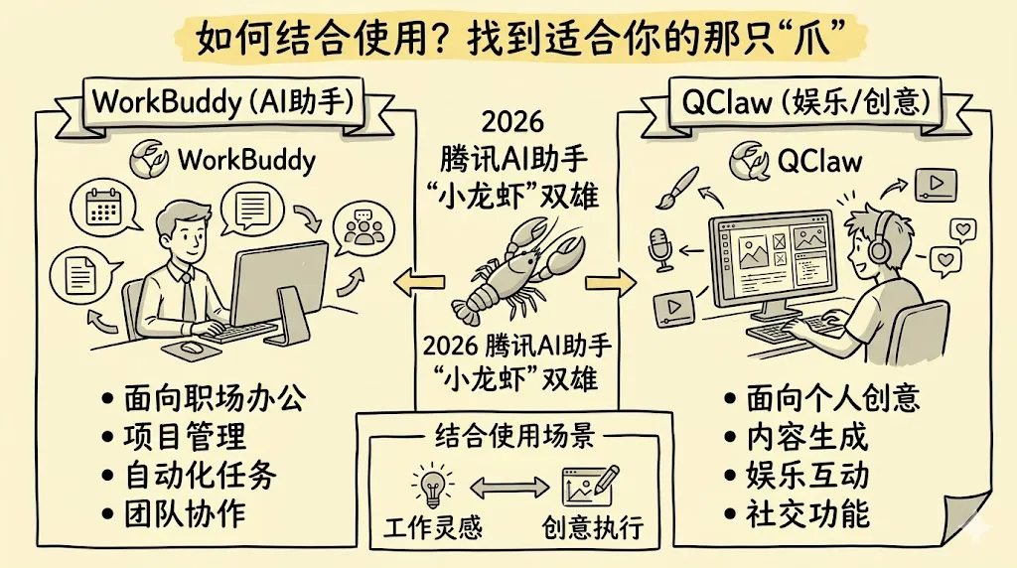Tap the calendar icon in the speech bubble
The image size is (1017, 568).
[x=103, y=205]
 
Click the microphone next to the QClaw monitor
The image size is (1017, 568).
[x=660, y=249]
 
